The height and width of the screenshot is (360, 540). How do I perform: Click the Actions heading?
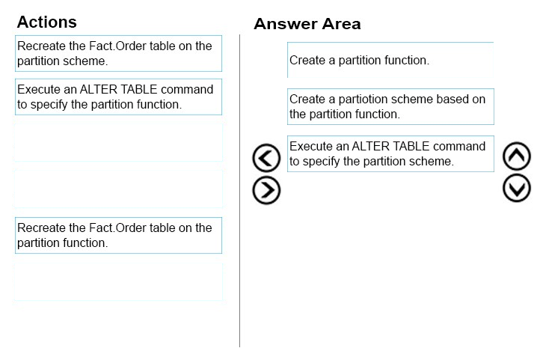click(x=47, y=22)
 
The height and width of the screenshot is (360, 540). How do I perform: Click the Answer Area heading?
click(x=307, y=24)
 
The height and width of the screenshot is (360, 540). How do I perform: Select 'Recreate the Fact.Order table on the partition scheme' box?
click(x=118, y=53)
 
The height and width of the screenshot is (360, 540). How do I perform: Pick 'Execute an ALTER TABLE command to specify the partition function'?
click(x=118, y=97)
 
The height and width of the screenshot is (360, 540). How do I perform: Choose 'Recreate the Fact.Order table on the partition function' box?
click(x=118, y=235)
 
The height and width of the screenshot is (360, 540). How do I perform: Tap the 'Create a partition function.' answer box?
click(x=390, y=60)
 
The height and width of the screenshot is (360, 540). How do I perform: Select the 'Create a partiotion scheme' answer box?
click(x=390, y=106)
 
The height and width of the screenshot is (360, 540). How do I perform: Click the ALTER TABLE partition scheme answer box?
click(x=390, y=153)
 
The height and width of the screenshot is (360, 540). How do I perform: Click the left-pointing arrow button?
click(x=266, y=158)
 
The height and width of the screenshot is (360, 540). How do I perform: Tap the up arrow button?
click(x=517, y=156)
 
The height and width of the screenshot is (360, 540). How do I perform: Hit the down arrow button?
click(x=517, y=188)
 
